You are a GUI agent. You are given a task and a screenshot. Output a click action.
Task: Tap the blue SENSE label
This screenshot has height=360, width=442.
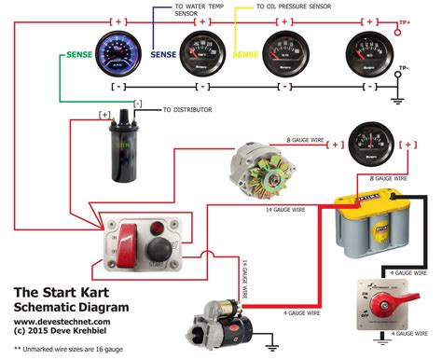tap(165, 55)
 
